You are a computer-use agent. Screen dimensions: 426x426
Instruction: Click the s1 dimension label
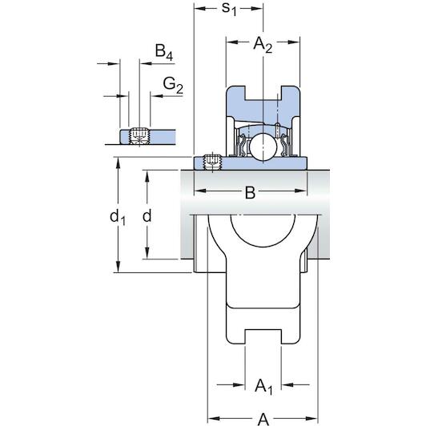tap(229, 9)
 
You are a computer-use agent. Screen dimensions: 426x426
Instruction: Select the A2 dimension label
tap(263, 44)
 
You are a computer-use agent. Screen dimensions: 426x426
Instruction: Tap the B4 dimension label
tap(164, 51)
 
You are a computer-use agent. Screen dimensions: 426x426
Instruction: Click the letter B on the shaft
tap(250, 192)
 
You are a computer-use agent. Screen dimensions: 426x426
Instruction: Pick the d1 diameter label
tap(118, 218)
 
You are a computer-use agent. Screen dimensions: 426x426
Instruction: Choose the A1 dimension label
tap(263, 387)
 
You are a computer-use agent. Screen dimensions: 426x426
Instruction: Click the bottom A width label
tap(263, 420)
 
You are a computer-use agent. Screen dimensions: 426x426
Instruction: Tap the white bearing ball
tap(263, 147)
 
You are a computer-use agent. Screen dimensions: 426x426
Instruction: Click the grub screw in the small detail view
tap(139, 136)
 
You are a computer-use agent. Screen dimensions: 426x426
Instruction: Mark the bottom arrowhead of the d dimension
tap(147, 253)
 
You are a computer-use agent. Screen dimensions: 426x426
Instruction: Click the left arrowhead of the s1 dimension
tap(200, 9)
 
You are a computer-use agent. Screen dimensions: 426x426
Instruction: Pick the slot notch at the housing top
tap(263, 93)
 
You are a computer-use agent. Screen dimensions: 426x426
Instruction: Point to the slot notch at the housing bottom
tap(263, 337)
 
